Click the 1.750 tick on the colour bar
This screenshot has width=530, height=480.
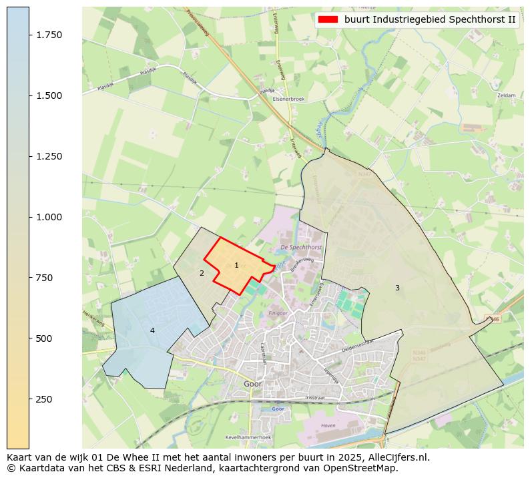point(29,35)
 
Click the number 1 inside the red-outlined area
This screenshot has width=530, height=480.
point(236,265)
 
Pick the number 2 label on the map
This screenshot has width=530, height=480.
point(202,273)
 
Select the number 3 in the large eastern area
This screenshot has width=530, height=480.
point(397,288)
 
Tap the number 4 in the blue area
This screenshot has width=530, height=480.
point(152,330)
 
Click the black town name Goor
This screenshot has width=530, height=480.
point(252,385)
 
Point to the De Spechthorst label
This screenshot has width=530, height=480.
point(301,247)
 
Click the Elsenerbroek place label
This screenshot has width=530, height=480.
point(288,99)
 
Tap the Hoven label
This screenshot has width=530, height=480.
point(328,425)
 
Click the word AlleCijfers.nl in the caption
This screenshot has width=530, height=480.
point(396,457)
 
